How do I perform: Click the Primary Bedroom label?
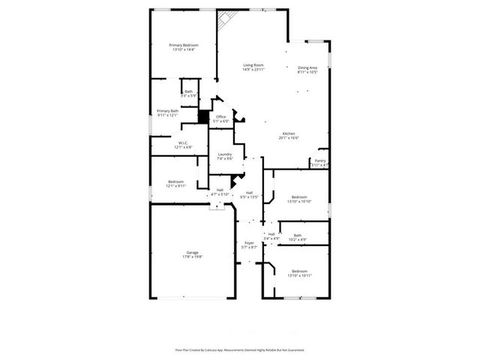[184, 47]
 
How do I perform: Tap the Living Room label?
[253, 67]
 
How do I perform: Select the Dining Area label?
[307, 70]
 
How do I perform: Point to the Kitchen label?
[289, 136]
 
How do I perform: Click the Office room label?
[220, 118]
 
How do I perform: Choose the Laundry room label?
[225, 156]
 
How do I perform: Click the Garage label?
[192, 254]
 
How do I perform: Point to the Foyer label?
[249, 244]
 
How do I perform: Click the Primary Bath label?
[167, 113]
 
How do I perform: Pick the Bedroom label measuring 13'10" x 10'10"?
[298, 199]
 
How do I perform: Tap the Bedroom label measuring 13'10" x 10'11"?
[298, 273]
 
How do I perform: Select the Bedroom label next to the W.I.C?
[176, 184]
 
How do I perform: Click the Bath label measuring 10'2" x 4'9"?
[298, 238]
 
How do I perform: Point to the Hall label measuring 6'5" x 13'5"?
[249, 195]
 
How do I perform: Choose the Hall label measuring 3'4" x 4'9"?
[271, 236]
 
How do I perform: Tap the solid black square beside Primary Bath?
[202, 117]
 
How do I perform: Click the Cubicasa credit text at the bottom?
[239, 349]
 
